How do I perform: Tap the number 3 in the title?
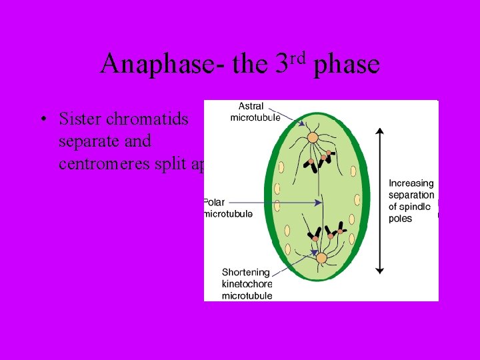[281, 64]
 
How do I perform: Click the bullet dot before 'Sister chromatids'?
[43, 120]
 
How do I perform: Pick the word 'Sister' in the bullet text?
[79, 119]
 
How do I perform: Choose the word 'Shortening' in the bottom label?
[246, 272]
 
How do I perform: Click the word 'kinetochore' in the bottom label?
[247, 284]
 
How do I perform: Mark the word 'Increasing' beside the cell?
[411, 183]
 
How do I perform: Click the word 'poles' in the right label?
[400, 219]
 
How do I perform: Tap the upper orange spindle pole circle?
[312, 138]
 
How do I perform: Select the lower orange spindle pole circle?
[321, 258]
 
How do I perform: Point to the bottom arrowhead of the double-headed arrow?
[379, 270]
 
